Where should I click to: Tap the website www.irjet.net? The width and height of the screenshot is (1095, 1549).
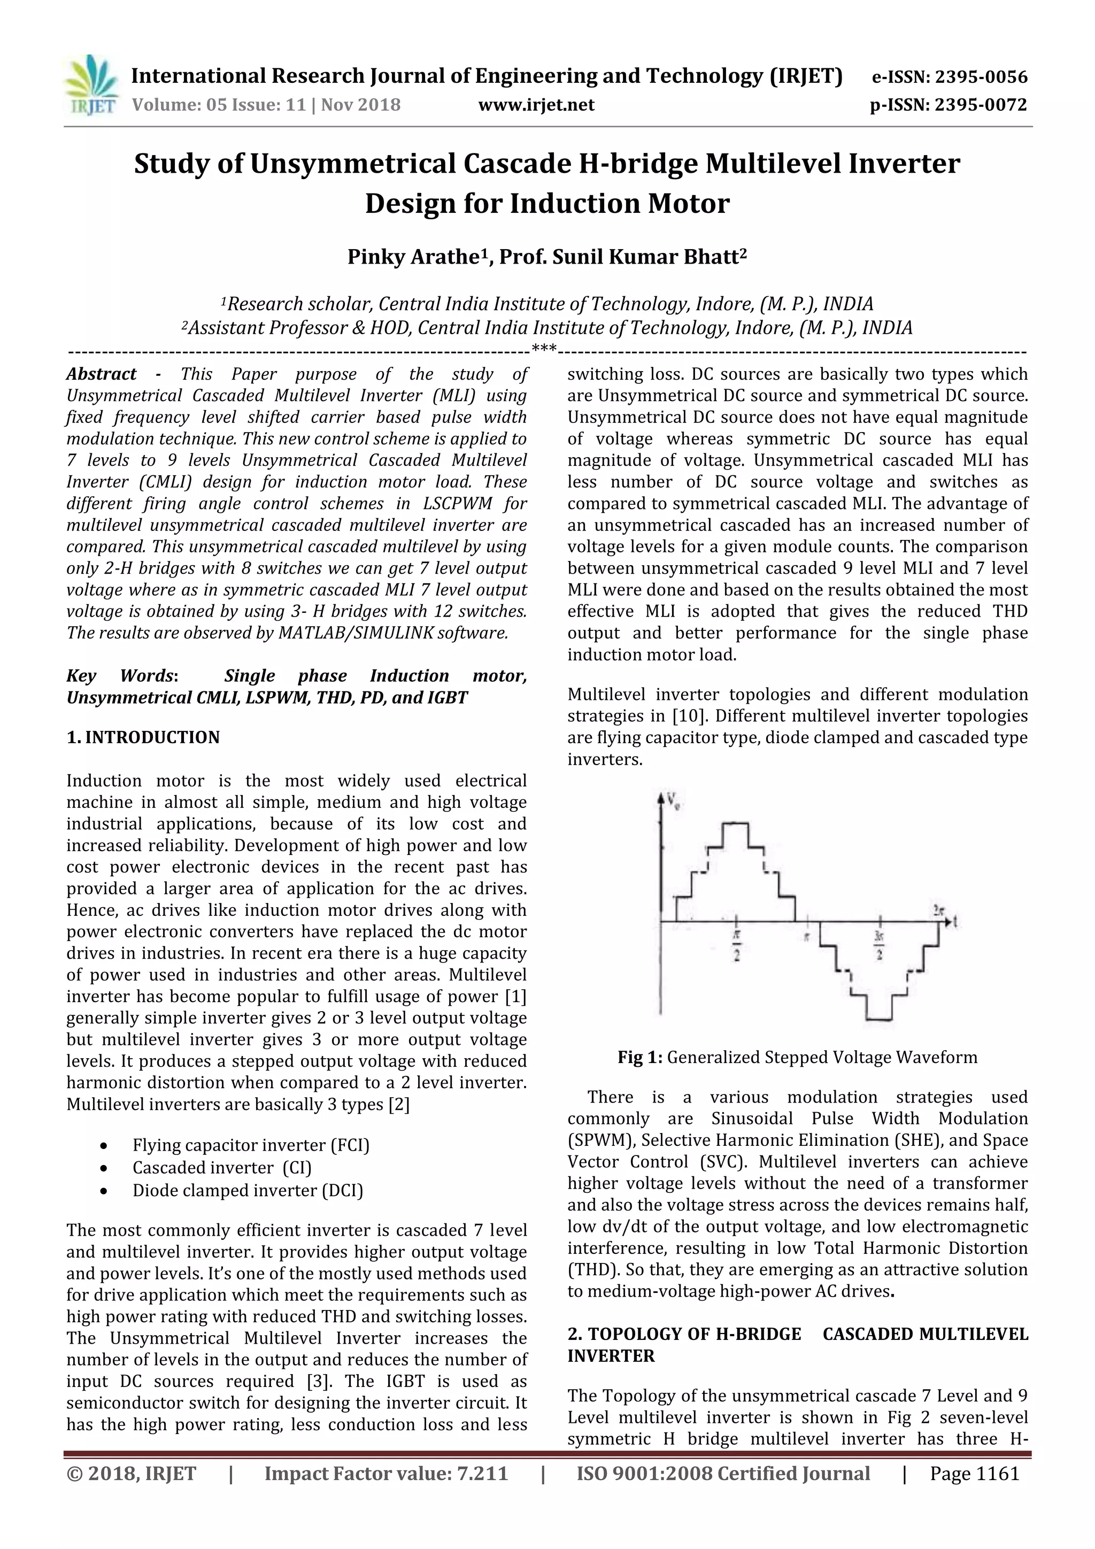(536, 105)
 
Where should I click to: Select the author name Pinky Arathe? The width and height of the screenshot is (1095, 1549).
(413, 257)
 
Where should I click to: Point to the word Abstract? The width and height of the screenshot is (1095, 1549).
(101, 374)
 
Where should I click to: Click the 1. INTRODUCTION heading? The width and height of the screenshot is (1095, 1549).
(143, 737)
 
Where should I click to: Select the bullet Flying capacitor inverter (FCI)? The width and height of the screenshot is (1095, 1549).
(251, 1145)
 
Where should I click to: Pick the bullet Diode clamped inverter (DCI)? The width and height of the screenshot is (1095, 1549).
(248, 1190)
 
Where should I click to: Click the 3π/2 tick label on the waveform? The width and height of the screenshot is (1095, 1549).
(879, 946)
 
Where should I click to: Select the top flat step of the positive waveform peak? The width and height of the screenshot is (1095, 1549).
(735, 824)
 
